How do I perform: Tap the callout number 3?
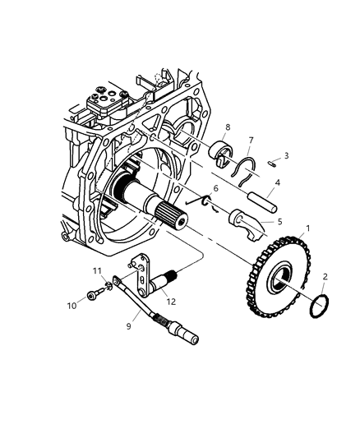(285, 155)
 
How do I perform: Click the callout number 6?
(216, 211)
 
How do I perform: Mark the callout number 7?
(252, 141)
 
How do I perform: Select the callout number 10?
(72, 305)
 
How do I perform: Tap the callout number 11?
(96, 270)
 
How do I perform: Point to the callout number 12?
(171, 301)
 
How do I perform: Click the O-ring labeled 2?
(320, 307)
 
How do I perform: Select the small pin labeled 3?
(271, 164)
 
